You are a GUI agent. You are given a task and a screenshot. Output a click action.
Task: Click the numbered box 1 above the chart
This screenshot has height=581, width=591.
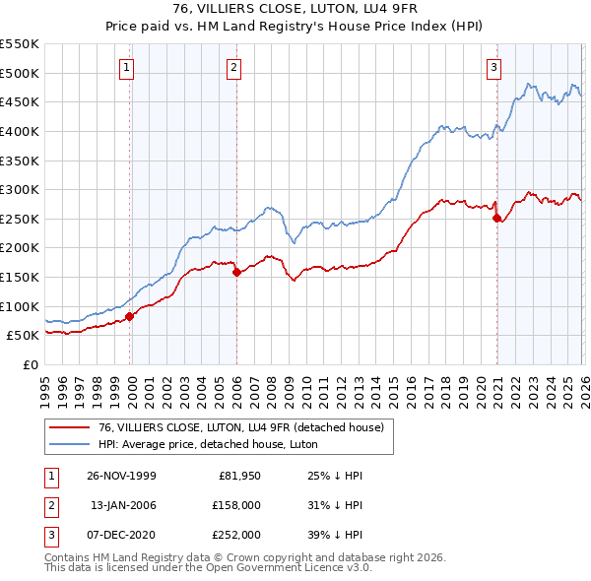coord(128,68)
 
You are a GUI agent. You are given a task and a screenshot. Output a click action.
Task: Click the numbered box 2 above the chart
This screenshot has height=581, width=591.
coord(233,68)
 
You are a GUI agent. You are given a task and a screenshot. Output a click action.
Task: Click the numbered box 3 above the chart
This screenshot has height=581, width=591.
coord(493,68)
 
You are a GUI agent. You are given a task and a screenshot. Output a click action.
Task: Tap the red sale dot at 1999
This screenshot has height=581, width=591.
coord(130,316)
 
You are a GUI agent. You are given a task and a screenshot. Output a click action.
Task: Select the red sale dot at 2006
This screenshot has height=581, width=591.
coord(236,273)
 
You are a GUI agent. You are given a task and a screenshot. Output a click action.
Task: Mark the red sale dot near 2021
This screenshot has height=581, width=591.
coord(496,219)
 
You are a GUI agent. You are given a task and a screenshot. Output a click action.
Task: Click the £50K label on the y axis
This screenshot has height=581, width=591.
coord(24,336)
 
